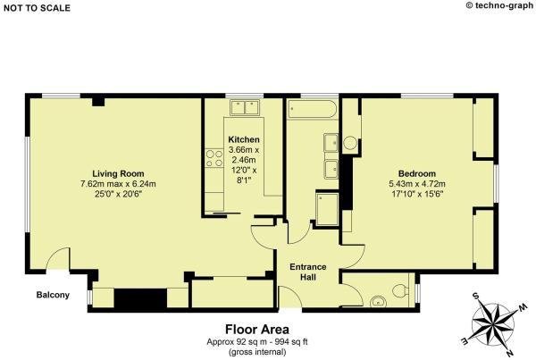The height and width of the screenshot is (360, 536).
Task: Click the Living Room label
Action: (118, 173)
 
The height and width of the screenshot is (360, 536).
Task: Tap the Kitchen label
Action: (244, 139)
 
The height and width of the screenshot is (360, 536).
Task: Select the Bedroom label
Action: (417, 173)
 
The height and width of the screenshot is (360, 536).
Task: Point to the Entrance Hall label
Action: (308, 272)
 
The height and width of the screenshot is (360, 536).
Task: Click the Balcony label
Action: (53, 295)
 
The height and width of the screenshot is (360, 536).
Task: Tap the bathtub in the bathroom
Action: (312, 109)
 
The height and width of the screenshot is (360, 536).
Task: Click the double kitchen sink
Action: (245, 107)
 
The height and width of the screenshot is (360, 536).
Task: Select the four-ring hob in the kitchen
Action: (214, 159)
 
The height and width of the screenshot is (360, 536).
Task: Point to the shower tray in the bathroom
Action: (327, 209)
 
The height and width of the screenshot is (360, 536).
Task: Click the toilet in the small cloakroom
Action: (400, 291)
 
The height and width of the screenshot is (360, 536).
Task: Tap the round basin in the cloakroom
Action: (378, 301)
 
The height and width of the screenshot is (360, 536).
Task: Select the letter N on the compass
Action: (510, 352)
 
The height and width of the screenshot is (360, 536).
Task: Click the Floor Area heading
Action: (257, 330)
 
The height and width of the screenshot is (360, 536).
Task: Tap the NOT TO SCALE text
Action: (37, 8)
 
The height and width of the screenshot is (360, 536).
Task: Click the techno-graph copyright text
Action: (499, 5)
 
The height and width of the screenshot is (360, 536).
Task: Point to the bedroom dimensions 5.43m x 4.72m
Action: (417, 184)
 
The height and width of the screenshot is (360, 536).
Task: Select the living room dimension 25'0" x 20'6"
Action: (118, 194)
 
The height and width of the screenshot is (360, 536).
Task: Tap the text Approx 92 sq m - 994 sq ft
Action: (257, 342)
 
